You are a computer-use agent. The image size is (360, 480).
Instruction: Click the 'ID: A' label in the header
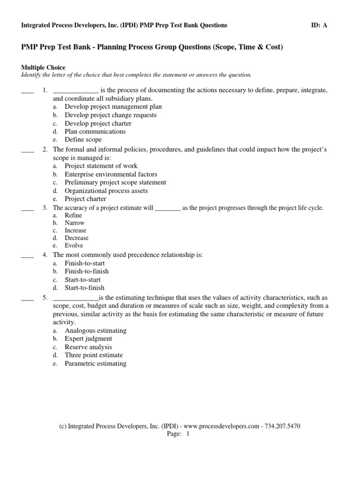tap(319, 25)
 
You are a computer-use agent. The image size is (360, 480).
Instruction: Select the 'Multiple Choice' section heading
tap(43, 67)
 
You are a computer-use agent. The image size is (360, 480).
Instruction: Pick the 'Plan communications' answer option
tap(95, 131)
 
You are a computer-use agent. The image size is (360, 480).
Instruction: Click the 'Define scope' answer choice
tap(83, 140)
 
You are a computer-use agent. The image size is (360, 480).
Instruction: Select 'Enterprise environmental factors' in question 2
tap(111, 174)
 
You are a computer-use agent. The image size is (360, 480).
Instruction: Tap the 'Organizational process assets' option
tap(106, 191)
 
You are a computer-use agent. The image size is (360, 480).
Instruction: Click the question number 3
tap(45, 208)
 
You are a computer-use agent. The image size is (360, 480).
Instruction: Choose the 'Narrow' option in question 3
tap(75, 223)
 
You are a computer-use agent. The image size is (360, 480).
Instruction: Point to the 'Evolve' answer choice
tap(74, 246)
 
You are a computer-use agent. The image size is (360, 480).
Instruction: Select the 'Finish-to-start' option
tap(84, 263)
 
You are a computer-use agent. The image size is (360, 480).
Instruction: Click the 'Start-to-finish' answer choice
tap(84, 288)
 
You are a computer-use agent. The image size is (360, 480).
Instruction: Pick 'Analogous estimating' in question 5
tap(96, 330)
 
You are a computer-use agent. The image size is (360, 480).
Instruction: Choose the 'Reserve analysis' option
tap(88, 347)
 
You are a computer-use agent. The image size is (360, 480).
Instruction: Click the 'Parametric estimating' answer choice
tap(96, 363)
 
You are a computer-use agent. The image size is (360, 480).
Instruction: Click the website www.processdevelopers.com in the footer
tap(221, 426)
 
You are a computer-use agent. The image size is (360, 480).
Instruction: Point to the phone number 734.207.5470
tap(282, 426)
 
